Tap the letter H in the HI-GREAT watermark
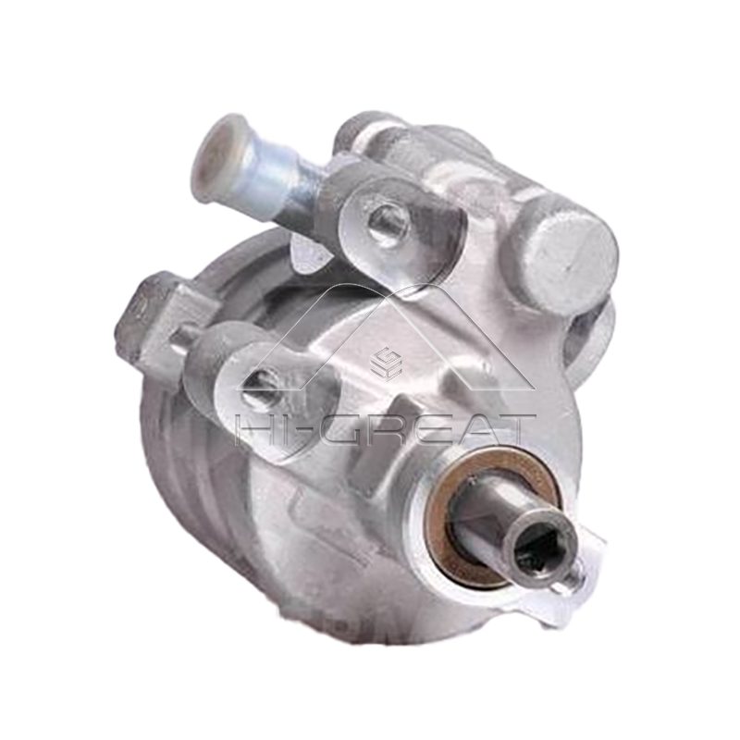point(255,429)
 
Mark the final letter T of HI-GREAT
point(514,429)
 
